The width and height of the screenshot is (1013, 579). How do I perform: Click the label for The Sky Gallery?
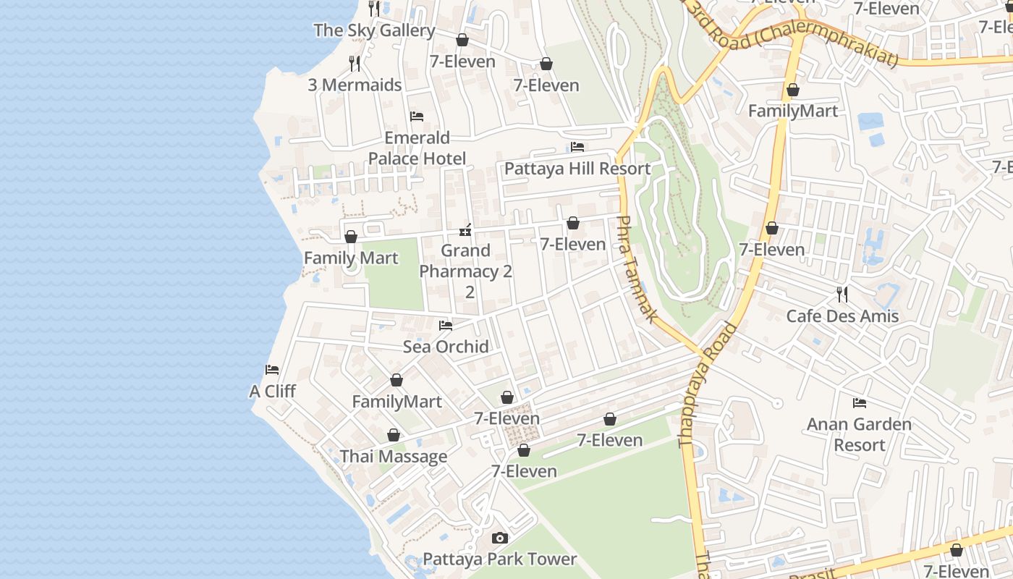tap(374, 30)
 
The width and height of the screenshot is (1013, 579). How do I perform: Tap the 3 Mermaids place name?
tap(355, 85)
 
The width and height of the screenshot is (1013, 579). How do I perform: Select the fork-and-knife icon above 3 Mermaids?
tap(355, 64)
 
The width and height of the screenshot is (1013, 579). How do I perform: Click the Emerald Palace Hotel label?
tap(417, 148)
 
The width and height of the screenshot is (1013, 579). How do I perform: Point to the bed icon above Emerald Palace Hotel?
tap(417, 116)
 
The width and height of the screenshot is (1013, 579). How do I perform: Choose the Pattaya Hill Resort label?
tap(577, 169)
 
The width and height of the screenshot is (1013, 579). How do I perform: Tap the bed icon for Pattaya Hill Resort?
tap(577, 147)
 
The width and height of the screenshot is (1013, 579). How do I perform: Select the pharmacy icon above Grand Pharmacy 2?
tap(465, 231)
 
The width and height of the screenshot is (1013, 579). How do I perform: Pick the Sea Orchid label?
tap(446, 347)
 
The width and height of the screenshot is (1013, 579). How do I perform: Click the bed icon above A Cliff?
tap(272, 370)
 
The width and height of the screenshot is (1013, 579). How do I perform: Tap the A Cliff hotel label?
tap(272, 392)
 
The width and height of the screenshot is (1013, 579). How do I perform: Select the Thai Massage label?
tap(394, 457)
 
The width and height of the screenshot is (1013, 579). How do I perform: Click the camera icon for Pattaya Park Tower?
tap(499, 538)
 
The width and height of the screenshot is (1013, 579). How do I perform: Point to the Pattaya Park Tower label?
tap(499, 559)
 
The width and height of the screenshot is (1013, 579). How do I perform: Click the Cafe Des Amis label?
tap(842, 316)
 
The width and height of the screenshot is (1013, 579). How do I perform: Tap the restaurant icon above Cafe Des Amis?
tap(842, 295)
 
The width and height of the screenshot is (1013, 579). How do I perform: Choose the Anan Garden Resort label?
tap(860, 434)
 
